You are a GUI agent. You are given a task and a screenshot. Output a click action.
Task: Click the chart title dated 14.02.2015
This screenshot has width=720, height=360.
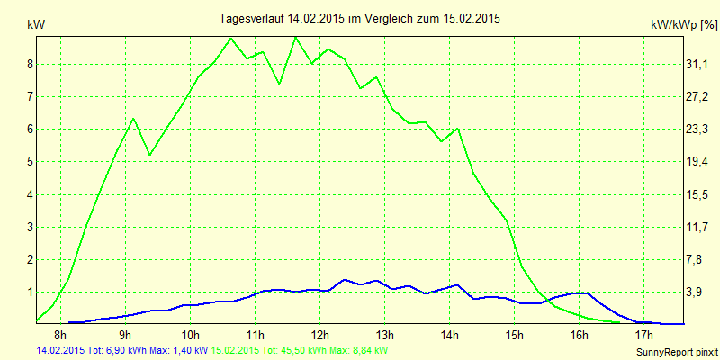tap(360, 18)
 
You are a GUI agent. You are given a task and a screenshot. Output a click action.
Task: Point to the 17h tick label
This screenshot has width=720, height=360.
tap(644, 336)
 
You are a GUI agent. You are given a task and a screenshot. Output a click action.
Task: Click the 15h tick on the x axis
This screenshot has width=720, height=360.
tap(515, 336)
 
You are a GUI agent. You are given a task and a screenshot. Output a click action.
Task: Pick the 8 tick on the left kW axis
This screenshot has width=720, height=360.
tap(30, 64)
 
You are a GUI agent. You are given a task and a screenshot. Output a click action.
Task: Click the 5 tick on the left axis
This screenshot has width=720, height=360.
tap(30, 162)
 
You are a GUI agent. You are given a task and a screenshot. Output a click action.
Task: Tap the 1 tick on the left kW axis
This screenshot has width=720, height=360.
tap(30, 292)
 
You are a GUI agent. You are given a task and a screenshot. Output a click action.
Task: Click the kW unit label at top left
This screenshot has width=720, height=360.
tap(35, 26)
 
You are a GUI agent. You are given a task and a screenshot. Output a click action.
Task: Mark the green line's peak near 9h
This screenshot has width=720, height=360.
tap(133, 118)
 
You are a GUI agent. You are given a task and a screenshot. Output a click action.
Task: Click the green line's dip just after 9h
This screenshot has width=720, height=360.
tap(149, 156)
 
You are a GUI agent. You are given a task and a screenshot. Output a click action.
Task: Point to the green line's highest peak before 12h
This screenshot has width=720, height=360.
tap(294, 37)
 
